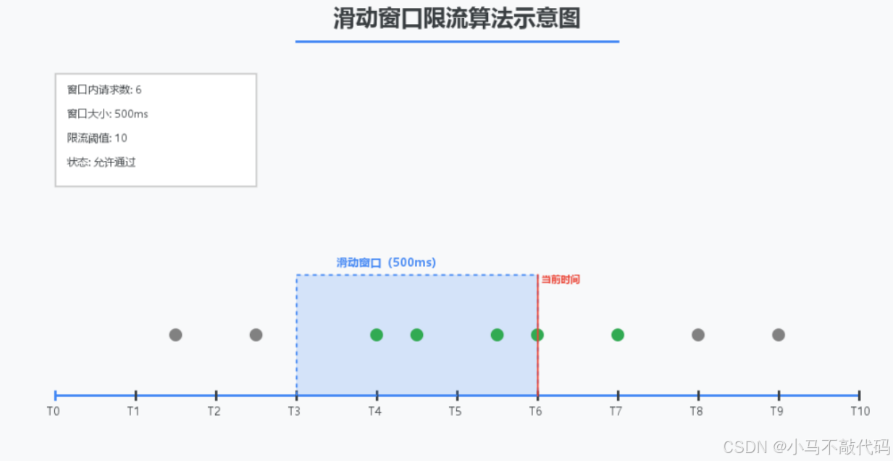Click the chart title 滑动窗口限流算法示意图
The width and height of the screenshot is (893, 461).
(x=457, y=19)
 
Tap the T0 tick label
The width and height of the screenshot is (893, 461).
(x=54, y=412)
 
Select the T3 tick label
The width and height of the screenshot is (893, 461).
(x=294, y=412)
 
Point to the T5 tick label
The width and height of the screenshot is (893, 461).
(x=455, y=412)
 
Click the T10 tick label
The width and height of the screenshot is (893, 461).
(x=860, y=412)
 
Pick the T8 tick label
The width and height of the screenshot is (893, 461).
(x=696, y=412)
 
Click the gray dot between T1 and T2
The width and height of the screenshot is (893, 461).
(x=175, y=335)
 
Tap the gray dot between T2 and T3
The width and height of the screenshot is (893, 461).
(x=256, y=335)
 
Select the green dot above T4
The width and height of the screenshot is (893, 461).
(x=377, y=335)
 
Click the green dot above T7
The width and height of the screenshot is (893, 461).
(x=618, y=335)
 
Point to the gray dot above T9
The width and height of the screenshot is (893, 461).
(x=779, y=335)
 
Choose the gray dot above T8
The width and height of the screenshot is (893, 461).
(x=698, y=335)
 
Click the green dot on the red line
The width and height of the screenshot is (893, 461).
(x=537, y=335)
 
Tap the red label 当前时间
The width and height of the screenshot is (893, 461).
(x=561, y=280)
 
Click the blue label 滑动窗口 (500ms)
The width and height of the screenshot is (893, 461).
(x=386, y=263)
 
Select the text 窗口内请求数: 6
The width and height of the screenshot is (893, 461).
(x=104, y=90)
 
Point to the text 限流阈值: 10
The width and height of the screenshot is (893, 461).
(x=97, y=138)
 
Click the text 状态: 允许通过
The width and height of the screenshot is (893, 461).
(x=101, y=162)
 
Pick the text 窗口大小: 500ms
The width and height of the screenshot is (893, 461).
(x=107, y=115)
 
